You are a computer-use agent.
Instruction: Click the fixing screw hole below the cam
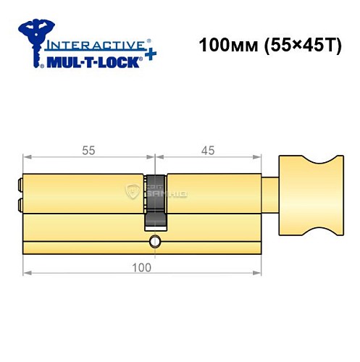point(154,240)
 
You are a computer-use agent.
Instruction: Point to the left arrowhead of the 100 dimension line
point(26,274)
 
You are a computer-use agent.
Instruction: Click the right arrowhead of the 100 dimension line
point(258,274)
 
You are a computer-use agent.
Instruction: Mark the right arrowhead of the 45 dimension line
point(258,157)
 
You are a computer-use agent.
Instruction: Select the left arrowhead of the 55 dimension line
point(26,157)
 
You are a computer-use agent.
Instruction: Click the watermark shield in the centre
point(134,191)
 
